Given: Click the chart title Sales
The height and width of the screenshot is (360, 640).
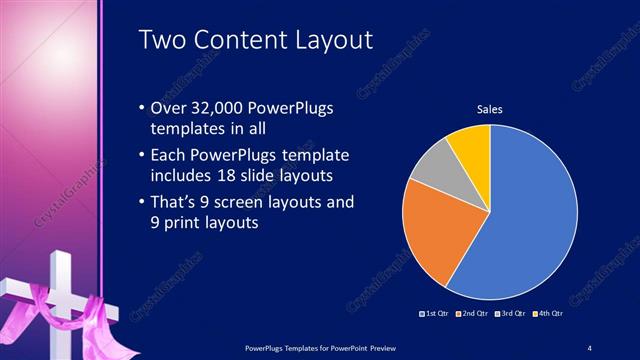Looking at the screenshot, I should click(x=489, y=109).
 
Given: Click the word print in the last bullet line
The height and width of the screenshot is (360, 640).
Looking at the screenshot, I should click(x=180, y=223).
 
